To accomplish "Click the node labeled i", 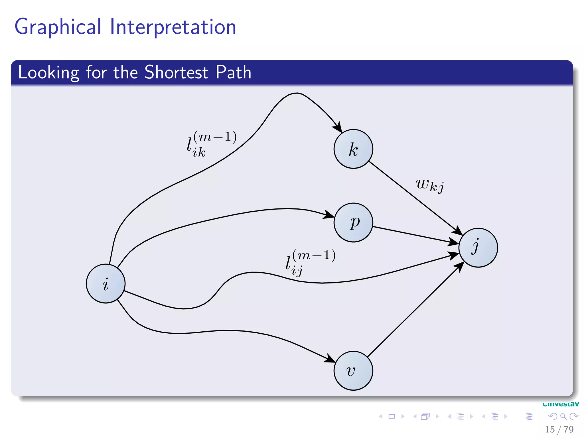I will (x=106, y=283).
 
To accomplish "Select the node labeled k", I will (x=353, y=149).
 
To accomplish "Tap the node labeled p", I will (x=353, y=222).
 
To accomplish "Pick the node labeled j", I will (x=478, y=248).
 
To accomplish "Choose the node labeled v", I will (x=353, y=371).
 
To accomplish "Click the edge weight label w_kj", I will (x=429, y=185).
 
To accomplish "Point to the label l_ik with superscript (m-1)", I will (x=211, y=144).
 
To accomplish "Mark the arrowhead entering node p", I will (x=329, y=215).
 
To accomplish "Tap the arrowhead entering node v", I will (x=330, y=359).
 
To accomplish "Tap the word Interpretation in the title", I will (x=173, y=27).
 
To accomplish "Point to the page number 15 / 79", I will (x=559, y=429).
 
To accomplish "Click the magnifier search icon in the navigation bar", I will (x=563, y=416).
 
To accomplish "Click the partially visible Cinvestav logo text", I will (x=560, y=404).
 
